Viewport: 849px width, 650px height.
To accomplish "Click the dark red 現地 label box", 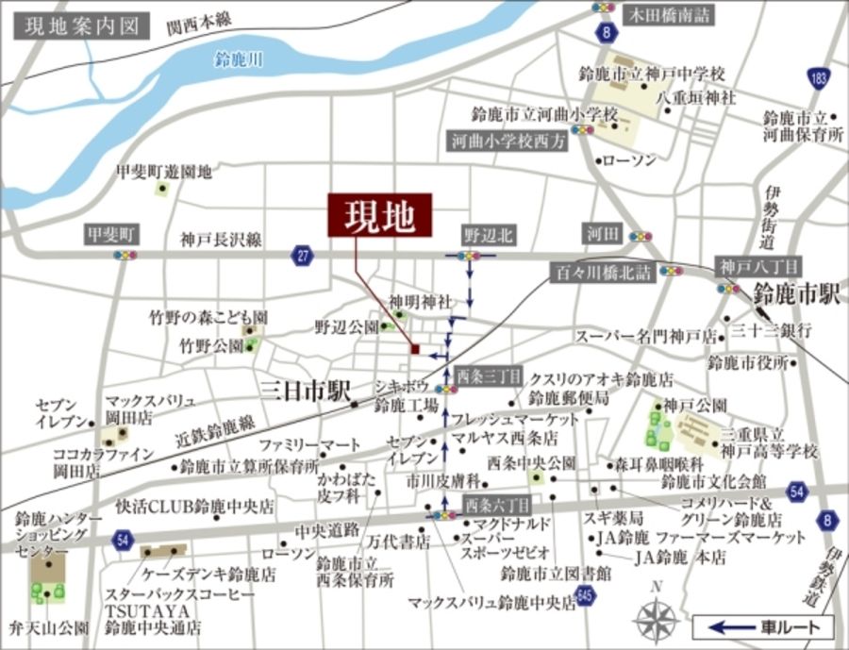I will (x=379, y=215).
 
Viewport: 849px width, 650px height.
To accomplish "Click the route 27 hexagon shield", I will (x=302, y=256).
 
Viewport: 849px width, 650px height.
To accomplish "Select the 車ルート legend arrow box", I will (x=763, y=625).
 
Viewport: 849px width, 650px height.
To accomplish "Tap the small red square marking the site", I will (x=415, y=350).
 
